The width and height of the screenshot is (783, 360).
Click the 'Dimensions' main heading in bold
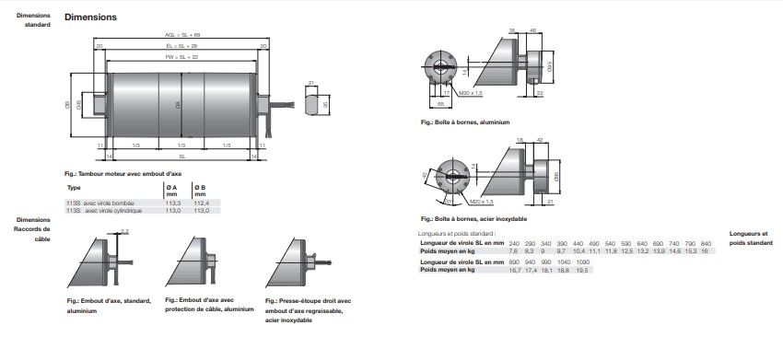(90, 17)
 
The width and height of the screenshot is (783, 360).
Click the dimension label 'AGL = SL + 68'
(181, 35)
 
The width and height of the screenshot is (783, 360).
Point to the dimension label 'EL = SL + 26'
(181, 45)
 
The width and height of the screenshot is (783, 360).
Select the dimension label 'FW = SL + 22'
(181, 56)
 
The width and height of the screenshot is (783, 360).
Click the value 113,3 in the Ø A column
(174, 203)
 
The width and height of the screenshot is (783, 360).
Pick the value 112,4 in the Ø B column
(201, 203)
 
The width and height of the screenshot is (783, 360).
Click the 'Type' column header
(75, 187)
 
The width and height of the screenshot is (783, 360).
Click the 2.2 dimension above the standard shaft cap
(125, 229)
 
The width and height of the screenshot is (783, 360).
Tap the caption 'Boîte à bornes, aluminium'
(464, 122)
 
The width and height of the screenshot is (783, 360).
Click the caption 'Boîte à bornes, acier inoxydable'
(473, 219)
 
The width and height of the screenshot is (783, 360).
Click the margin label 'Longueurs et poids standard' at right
(751, 238)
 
